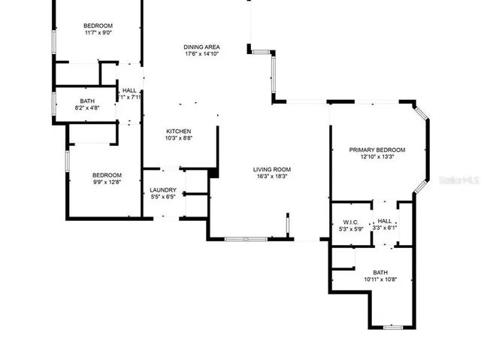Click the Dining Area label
[202, 47]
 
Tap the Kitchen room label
[178, 131]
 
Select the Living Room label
[271, 169]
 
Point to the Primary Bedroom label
[377, 150]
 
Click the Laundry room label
[163, 190]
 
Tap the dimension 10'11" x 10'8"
[380, 280]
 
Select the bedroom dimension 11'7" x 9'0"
[98, 32]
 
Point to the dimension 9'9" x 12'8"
[106, 181]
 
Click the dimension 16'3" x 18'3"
[271, 177]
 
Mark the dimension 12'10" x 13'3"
[377, 157]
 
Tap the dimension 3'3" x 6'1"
[384, 228]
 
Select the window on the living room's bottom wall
[246, 239]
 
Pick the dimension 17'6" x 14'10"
[202, 54]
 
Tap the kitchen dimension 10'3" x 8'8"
[178, 138]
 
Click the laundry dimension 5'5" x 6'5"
[163, 197]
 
